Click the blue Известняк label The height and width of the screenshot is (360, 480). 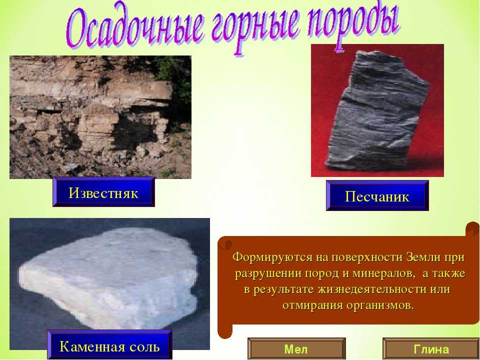point(103,192)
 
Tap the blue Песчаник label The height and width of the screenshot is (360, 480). point(377,195)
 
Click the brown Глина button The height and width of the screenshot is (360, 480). point(431,348)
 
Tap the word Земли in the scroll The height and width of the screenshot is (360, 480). point(423,256)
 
